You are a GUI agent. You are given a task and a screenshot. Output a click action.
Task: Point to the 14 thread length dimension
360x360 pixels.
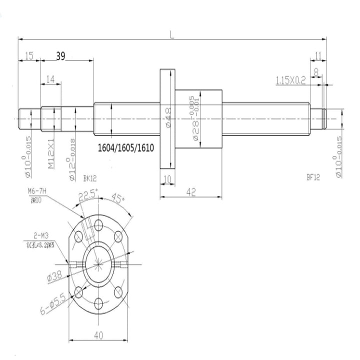click(x=50, y=79)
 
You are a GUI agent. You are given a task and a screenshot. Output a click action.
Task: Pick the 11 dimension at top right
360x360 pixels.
click(x=317, y=55)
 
